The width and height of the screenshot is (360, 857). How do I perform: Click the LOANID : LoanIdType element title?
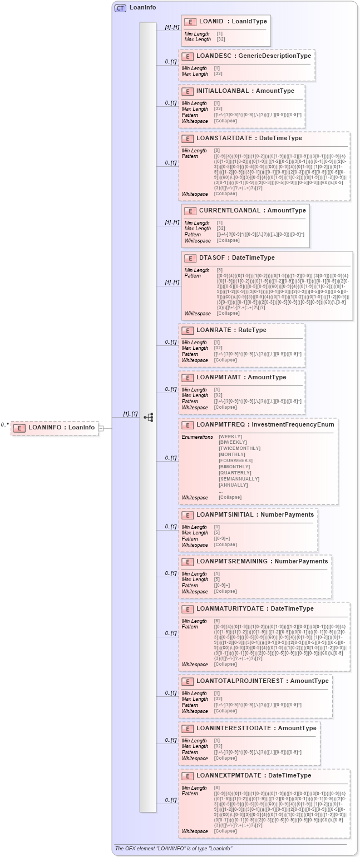(x=233, y=21)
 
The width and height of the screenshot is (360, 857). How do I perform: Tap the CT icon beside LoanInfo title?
(x=120, y=8)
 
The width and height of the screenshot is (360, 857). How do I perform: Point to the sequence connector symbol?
(x=148, y=417)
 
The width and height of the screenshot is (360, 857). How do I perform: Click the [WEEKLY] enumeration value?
(x=231, y=437)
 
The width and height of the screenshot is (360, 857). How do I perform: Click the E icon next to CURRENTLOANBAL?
(x=190, y=211)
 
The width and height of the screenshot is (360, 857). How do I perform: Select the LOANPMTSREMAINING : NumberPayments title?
(x=262, y=561)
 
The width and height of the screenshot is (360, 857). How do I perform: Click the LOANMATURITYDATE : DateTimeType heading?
(x=255, y=608)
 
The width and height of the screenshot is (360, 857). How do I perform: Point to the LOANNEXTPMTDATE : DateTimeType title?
(x=253, y=775)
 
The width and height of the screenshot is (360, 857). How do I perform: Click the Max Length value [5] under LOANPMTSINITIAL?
(x=217, y=533)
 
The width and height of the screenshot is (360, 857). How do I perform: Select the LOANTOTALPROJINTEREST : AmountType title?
(x=263, y=681)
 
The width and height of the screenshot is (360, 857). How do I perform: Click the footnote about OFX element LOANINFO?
(x=173, y=848)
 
